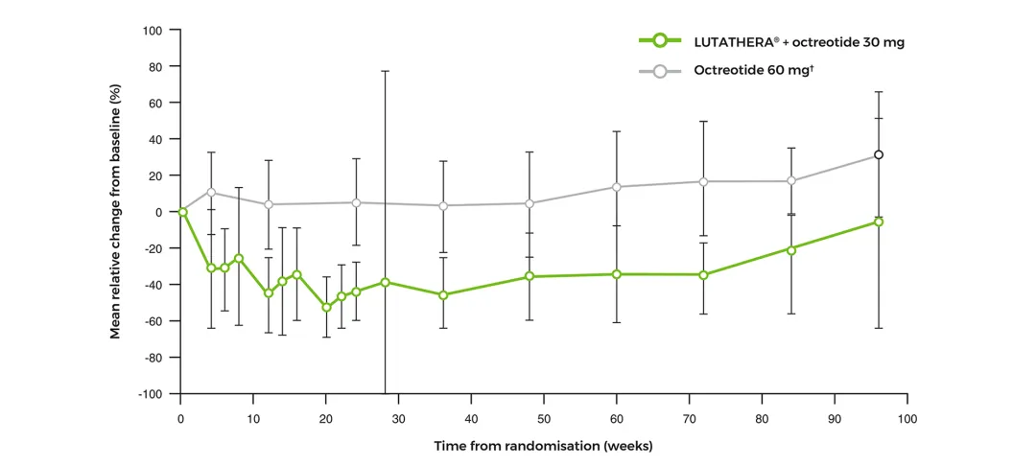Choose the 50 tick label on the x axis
[544, 419]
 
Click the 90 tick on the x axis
[835, 419]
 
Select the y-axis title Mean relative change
[116, 212]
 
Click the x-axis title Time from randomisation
[543, 446]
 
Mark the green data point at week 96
[878, 221]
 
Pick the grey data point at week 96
[878, 155]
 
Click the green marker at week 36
[442, 294]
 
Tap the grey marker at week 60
[617, 187]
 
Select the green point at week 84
[791, 249]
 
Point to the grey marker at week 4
[211, 193]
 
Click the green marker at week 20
[326, 307]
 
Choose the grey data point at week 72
[703, 182]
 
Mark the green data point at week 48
[530, 277]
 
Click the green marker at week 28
[385, 282]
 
